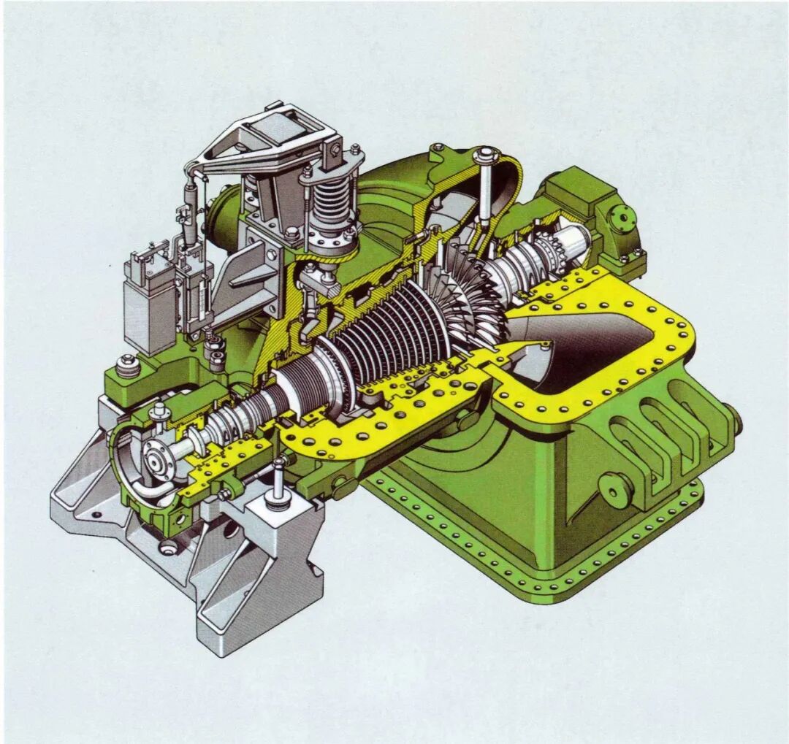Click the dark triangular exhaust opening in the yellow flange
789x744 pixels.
click(584, 343)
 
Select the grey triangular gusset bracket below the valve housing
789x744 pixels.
click(246, 273)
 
